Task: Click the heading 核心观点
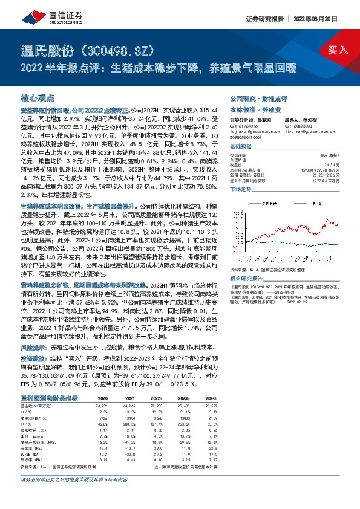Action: (x=38, y=97)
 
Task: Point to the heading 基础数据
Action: (x=241, y=147)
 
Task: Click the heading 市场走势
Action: (x=241, y=189)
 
